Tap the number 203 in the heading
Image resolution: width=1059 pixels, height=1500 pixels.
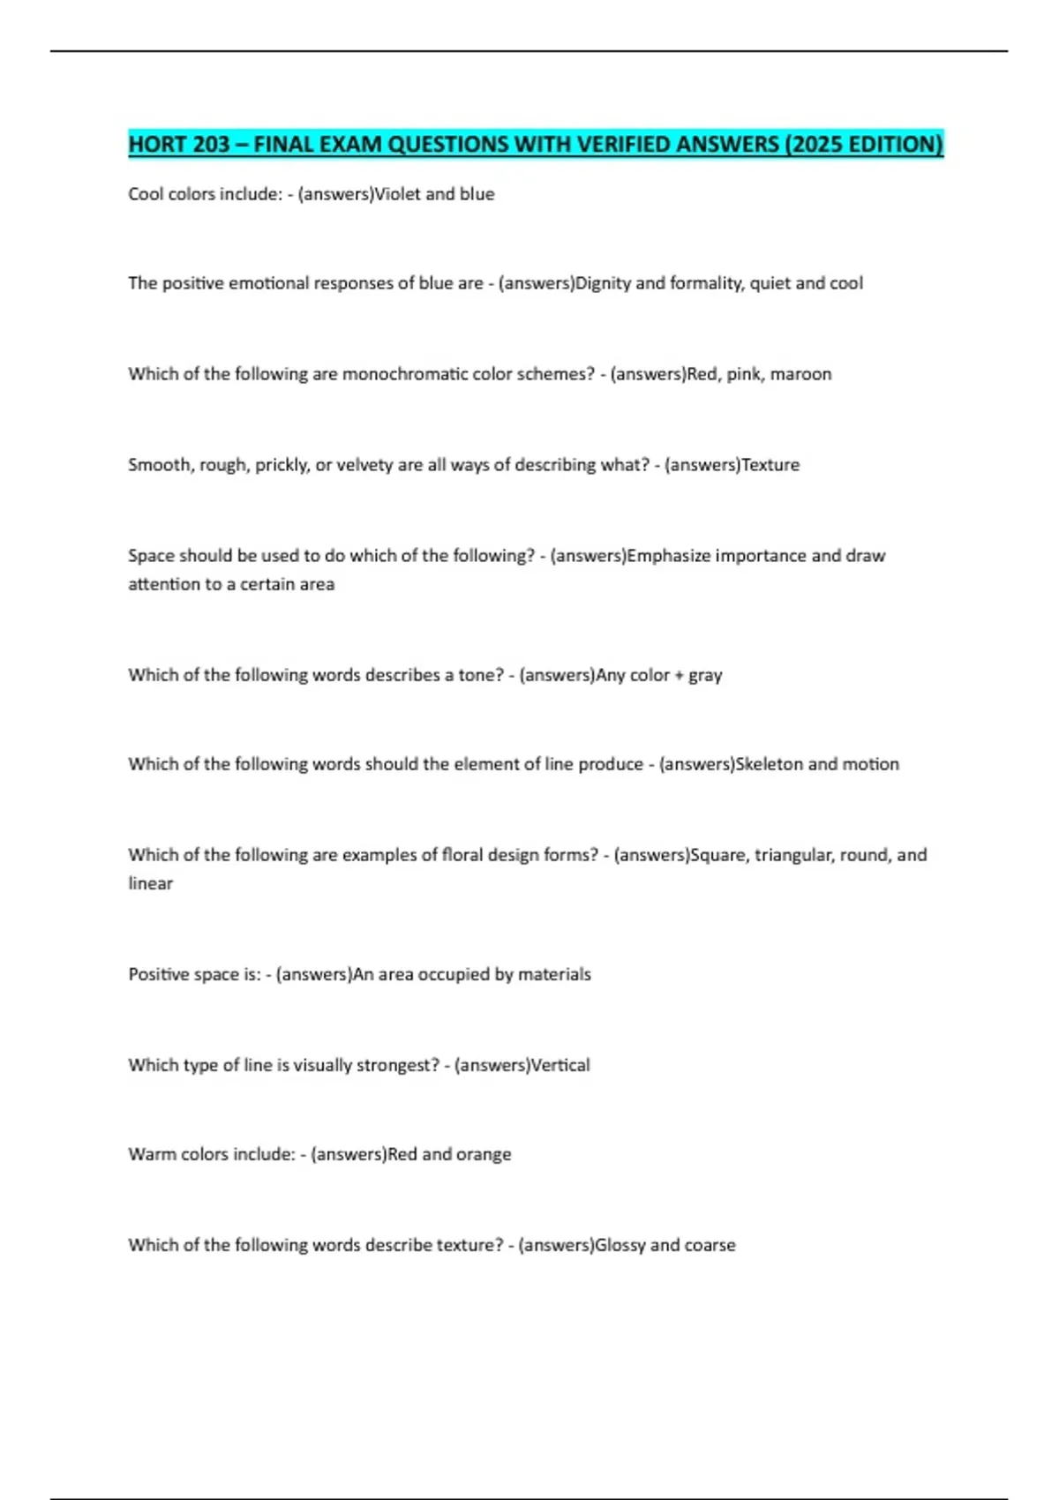pos(211,144)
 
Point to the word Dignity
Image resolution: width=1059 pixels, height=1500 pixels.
pos(604,283)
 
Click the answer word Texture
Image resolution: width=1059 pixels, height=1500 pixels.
pos(770,465)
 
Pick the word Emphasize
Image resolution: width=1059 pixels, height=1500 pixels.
pos(668,556)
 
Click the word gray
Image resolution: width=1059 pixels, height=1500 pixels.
pos(705,676)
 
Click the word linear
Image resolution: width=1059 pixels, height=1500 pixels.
pos(151,883)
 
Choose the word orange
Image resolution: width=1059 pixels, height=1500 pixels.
pos(484,1154)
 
